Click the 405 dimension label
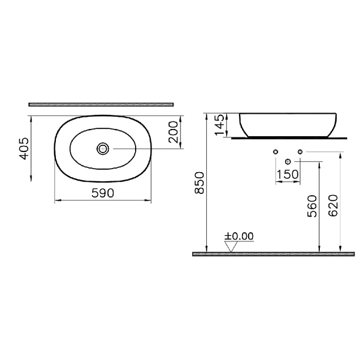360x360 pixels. coord(24,148)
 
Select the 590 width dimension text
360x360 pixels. coord(103,192)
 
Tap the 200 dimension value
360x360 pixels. coord(173,131)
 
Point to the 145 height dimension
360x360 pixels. coord(220,125)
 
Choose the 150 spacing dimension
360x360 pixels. coord(288,175)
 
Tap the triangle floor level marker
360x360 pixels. coord(230,246)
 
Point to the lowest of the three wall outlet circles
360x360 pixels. coord(288,161)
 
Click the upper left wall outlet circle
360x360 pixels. coord(276,151)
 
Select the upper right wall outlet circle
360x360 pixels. coord(300,151)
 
